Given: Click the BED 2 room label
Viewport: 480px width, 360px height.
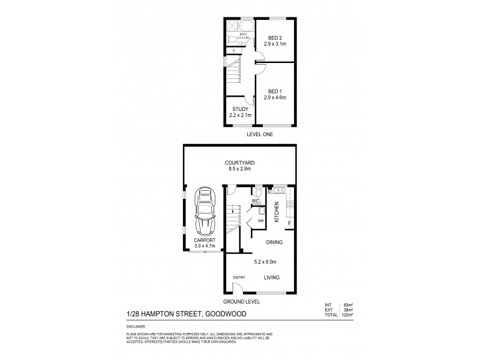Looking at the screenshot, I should pos(274,38).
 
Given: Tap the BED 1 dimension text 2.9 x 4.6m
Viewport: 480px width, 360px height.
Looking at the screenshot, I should pos(274,97).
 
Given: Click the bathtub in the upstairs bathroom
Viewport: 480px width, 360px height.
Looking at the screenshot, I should pos(244,26).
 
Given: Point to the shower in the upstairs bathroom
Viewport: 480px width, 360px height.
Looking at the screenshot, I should pos(231,26).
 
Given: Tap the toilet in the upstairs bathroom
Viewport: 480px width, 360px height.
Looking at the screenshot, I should pos(232,39).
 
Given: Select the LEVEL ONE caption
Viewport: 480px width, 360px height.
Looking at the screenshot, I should pos(260,135).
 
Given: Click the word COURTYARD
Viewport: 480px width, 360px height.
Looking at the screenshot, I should pos(239,161).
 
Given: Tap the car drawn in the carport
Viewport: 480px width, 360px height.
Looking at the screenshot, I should pos(205,211).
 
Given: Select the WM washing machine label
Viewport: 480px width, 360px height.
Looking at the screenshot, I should pos(260,221).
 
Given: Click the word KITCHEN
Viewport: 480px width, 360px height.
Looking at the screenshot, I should pos(277,212).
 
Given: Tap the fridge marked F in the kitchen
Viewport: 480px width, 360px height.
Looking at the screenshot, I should pos(289,224).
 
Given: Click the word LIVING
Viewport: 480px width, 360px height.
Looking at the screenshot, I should pos(274,277).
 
